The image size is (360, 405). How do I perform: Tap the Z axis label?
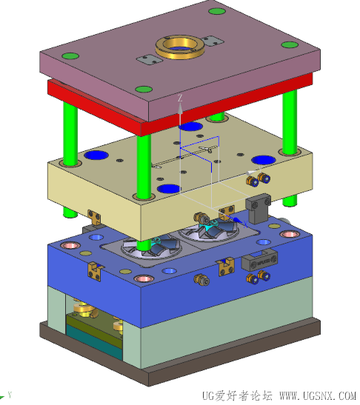click(x=180, y=98)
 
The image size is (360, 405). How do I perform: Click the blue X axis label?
click(x=245, y=224)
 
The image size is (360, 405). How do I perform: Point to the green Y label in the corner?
click(x=10, y=395)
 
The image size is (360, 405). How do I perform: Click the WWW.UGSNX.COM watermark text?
click(x=318, y=396)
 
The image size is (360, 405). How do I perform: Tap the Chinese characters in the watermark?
click(x=249, y=396)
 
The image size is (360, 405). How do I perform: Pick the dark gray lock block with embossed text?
click(x=259, y=259)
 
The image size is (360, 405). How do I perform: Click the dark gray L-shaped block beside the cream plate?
click(x=258, y=208)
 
